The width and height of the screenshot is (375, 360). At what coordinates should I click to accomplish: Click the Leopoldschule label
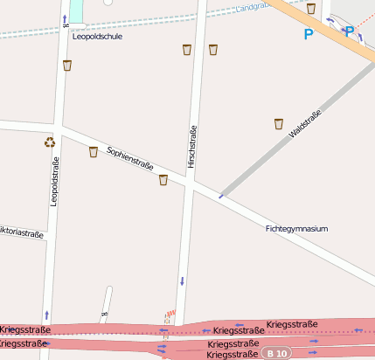[98, 37]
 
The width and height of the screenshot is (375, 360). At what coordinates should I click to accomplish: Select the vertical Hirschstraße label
[192, 146]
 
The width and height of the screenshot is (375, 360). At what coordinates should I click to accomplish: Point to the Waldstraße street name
[305, 123]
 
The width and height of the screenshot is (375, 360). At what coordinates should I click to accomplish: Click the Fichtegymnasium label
[296, 228]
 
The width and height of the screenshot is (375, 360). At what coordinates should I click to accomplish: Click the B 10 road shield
[276, 353]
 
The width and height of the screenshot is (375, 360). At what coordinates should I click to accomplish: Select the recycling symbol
[50, 142]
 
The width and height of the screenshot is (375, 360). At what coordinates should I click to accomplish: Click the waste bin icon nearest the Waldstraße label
[279, 123]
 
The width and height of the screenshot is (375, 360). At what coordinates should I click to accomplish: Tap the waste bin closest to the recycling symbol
[94, 152]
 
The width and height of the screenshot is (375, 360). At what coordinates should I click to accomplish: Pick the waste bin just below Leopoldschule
[67, 65]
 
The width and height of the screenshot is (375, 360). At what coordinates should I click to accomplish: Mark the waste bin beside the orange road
[311, 8]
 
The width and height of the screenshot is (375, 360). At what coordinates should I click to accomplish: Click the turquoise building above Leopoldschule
[77, 10]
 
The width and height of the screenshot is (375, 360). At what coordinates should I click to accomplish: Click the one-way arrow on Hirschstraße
[182, 281]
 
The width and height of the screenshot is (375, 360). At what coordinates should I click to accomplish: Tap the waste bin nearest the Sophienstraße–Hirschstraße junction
[163, 179]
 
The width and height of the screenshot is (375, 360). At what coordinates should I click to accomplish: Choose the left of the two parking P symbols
[308, 35]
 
